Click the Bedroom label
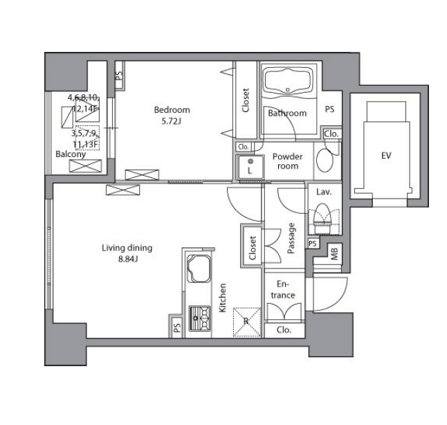click(x=172, y=110)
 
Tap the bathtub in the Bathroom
click(x=288, y=81)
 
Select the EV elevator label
click(x=386, y=156)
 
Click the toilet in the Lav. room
click(x=322, y=218)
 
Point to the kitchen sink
click(x=199, y=269)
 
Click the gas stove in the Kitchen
click(x=200, y=318)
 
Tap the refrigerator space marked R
click(x=247, y=322)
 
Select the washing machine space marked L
click(x=250, y=167)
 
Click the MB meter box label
click(x=335, y=253)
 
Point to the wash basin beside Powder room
click(x=325, y=160)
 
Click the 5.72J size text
click(x=172, y=121)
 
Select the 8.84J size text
click(x=128, y=260)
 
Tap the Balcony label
click(x=71, y=154)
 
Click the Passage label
click(x=291, y=238)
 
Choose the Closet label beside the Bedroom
click(x=246, y=100)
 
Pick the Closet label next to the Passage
click(x=253, y=248)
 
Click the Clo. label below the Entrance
click(x=284, y=330)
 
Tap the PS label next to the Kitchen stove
click(x=177, y=327)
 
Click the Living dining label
click(x=127, y=248)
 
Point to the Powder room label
click(x=288, y=161)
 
